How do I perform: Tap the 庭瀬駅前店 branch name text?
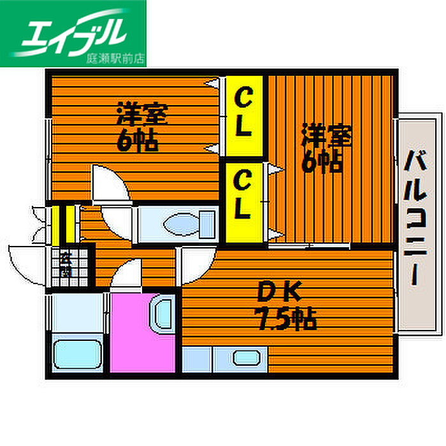coord(115,58)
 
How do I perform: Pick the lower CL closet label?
coord(242,198)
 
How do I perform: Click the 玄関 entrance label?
coord(66,263)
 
